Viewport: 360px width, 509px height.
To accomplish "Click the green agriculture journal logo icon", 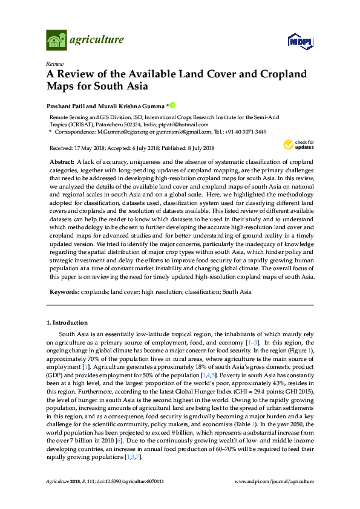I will pos(56,41).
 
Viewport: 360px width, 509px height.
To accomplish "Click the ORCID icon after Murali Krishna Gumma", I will pos(172,106).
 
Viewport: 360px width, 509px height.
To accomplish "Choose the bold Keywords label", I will pos(63,291).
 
